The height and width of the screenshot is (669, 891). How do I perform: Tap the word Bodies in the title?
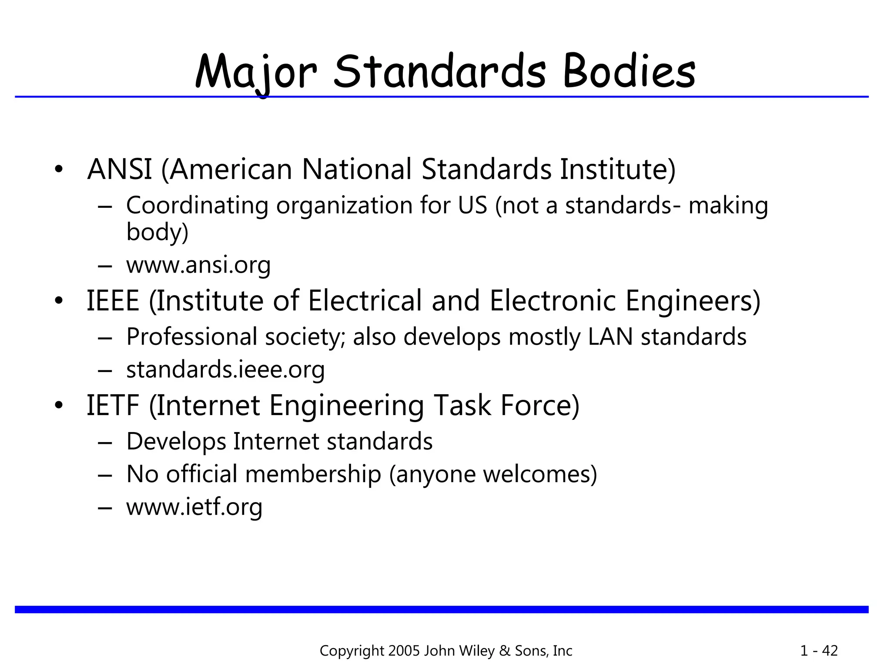(629, 72)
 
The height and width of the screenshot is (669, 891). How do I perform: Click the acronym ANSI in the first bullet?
(120, 169)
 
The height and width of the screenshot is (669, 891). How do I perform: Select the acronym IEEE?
(113, 301)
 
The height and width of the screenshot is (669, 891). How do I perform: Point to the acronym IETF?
(113, 405)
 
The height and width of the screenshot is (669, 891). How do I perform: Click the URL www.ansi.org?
(198, 264)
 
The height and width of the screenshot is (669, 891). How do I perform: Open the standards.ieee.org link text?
(225, 369)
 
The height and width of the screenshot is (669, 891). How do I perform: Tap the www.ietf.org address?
(194, 507)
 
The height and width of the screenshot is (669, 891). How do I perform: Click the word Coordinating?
(197, 206)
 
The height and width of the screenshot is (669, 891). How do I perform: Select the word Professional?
(192, 337)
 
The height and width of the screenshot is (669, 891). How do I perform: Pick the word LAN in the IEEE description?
(610, 337)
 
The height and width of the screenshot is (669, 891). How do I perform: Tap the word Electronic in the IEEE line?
(553, 301)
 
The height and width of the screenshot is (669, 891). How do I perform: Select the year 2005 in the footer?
(404, 651)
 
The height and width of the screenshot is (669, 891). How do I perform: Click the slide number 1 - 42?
(819, 651)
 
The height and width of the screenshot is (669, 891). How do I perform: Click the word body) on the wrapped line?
(157, 232)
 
